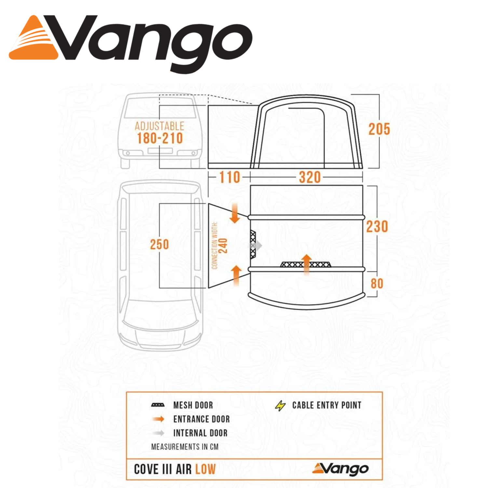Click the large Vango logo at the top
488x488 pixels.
coord(130,44)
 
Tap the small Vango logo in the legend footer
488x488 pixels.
coord(340,469)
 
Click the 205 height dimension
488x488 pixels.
coord(379,129)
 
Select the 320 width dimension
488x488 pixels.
coord(310,178)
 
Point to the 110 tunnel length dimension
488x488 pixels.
coord(230,178)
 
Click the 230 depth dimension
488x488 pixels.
coord(377,227)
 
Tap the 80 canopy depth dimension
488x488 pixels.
coord(377,283)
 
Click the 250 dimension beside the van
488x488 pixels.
coord(159,245)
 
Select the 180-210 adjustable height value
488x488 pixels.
coord(160,138)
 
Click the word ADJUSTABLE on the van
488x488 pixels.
coord(159,126)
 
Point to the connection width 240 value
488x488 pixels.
coord(223,246)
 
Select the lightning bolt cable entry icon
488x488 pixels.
coord(280,406)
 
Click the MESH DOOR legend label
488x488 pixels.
coord(193,405)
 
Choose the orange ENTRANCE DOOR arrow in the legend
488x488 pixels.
coord(158,419)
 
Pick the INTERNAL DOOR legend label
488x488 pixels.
coord(200,433)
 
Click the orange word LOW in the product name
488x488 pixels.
coord(205,469)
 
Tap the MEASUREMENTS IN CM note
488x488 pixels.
coord(185,447)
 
